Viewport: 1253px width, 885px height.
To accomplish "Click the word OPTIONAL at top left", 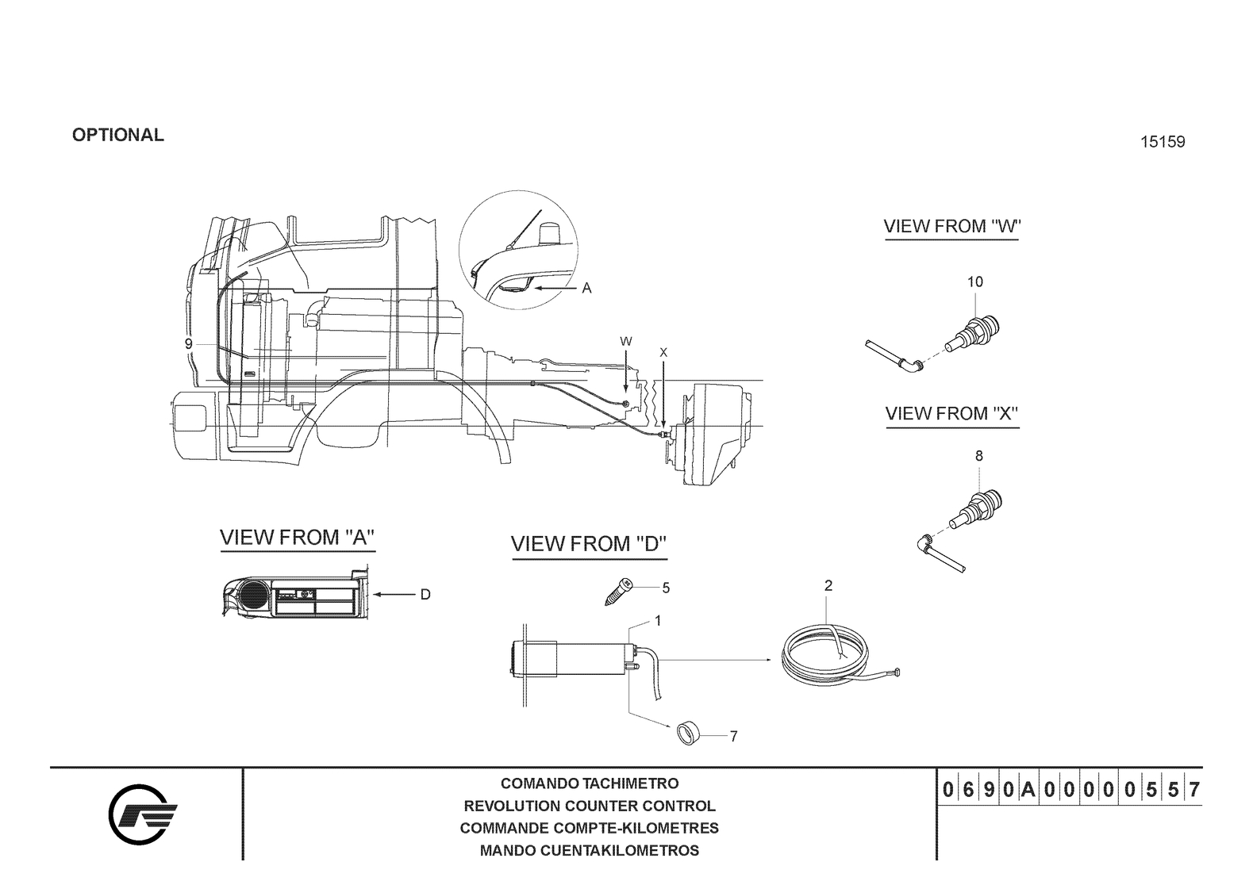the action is pos(118,136).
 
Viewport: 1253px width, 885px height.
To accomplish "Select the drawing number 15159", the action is pos(1163,142).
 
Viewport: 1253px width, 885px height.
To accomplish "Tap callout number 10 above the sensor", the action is pos(975,282).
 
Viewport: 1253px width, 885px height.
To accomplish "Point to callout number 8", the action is pos(979,456).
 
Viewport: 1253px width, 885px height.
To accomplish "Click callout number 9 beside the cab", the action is pos(189,344).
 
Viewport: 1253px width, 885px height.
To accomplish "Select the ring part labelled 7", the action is pos(688,734).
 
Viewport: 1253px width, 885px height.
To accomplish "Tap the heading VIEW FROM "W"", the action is pos(952,227).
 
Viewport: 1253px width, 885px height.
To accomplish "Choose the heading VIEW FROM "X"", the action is pos(952,414).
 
